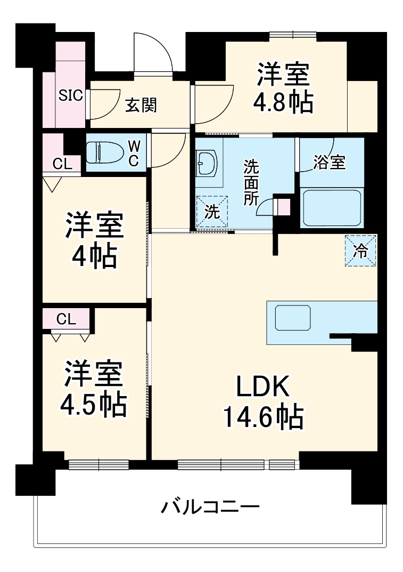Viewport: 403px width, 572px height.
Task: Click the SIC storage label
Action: [x=70, y=96]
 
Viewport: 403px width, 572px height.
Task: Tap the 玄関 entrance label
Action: [x=141, y=106]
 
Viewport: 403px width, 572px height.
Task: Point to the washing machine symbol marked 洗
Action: [x=212, y=212]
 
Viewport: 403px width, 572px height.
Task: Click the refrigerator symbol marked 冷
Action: [x=360, y=251]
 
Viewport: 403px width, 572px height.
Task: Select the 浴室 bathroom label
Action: [x=329, y=163]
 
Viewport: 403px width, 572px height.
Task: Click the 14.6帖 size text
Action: [x=262, y=417]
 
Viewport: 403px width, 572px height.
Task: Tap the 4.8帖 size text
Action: [x=283, y=103]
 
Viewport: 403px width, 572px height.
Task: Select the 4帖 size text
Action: [x=95, y=257]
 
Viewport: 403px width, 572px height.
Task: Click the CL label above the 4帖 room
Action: [x=62, y=164]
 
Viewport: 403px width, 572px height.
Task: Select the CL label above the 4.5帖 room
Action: [x=66, y=319]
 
